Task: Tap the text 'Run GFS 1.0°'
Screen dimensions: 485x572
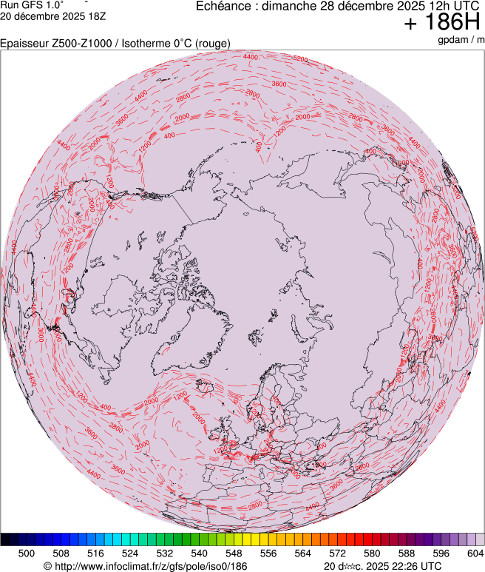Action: [33, 5]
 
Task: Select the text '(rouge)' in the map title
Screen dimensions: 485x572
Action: [211, 44]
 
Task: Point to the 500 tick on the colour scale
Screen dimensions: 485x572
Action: [27, 553]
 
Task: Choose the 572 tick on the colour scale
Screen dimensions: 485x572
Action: [337, 553]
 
